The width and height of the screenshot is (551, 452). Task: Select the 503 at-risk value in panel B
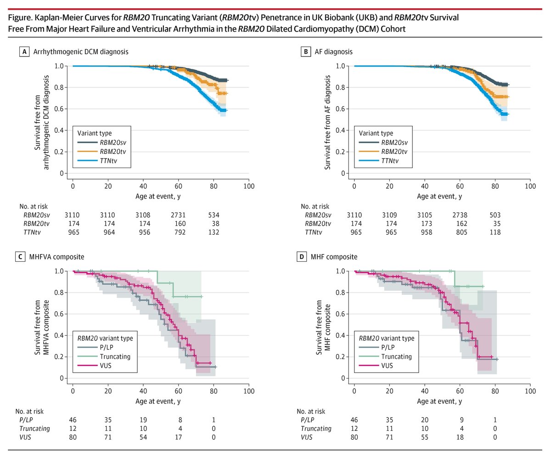coord(495,215)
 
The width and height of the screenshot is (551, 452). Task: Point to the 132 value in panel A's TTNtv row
coord(213,232)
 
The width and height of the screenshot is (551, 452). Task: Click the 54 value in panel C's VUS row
coord(143,437)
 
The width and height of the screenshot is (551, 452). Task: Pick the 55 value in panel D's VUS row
coord(424,437)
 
